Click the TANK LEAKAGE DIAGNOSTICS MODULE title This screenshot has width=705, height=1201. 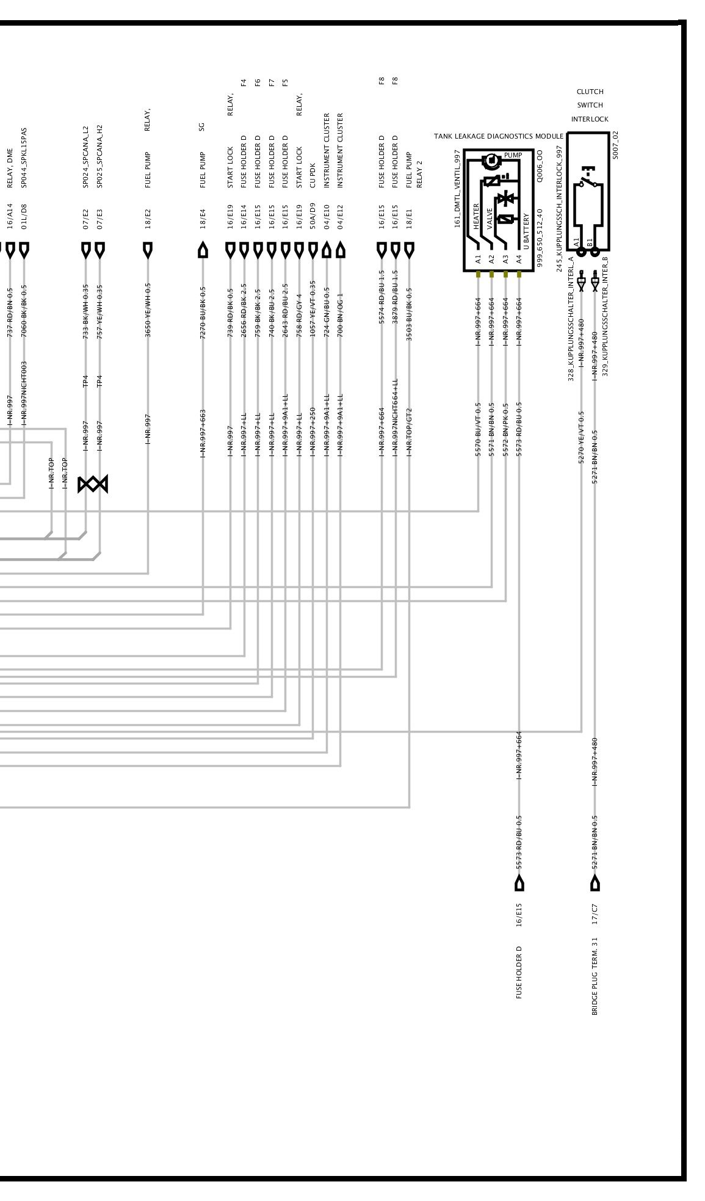tap(498, 136)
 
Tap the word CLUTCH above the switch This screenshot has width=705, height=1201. tap(590, 92)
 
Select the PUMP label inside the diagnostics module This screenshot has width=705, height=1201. tap(513, 155)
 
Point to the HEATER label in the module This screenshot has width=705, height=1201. tap(477, 217)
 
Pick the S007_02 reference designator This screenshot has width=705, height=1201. tap(615, 145)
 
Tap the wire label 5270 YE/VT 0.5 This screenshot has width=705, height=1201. tap(581, 437)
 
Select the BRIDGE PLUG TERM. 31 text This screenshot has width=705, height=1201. tap(595, 976)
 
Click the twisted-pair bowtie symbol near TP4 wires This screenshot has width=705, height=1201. tap(93, 484)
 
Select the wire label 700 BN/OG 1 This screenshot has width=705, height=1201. tap(340, 315)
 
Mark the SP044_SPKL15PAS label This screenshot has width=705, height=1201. tap(24, 158)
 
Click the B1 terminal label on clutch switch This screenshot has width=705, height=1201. tap(590, 242)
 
